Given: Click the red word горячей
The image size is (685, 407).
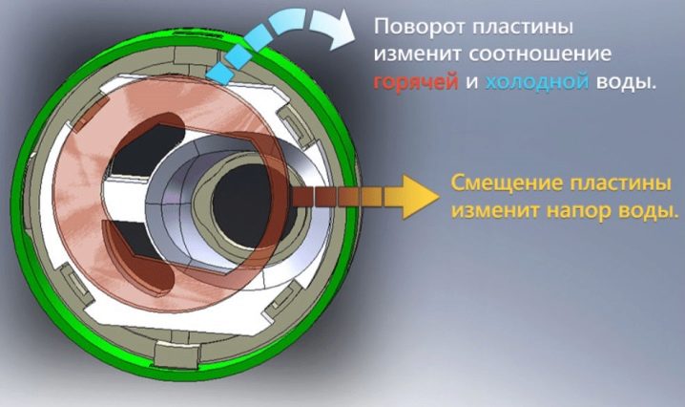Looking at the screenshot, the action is [x=415, y=83].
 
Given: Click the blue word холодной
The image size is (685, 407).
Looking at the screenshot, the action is [x=537, y=82].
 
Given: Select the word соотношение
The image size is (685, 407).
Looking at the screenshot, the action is [x=540, y=54].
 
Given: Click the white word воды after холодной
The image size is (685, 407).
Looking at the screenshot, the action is [x=626, y=82].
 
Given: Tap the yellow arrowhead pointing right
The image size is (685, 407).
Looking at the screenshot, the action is [x=421, y=197].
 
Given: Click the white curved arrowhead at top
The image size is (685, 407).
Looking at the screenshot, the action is [x=333, y=28].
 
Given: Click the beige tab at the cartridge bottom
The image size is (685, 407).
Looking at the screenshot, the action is [x=176, y=355].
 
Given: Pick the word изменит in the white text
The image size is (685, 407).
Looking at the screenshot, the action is [x=418, y=54].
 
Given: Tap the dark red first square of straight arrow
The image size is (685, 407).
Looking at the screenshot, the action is [x=302, y=197].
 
